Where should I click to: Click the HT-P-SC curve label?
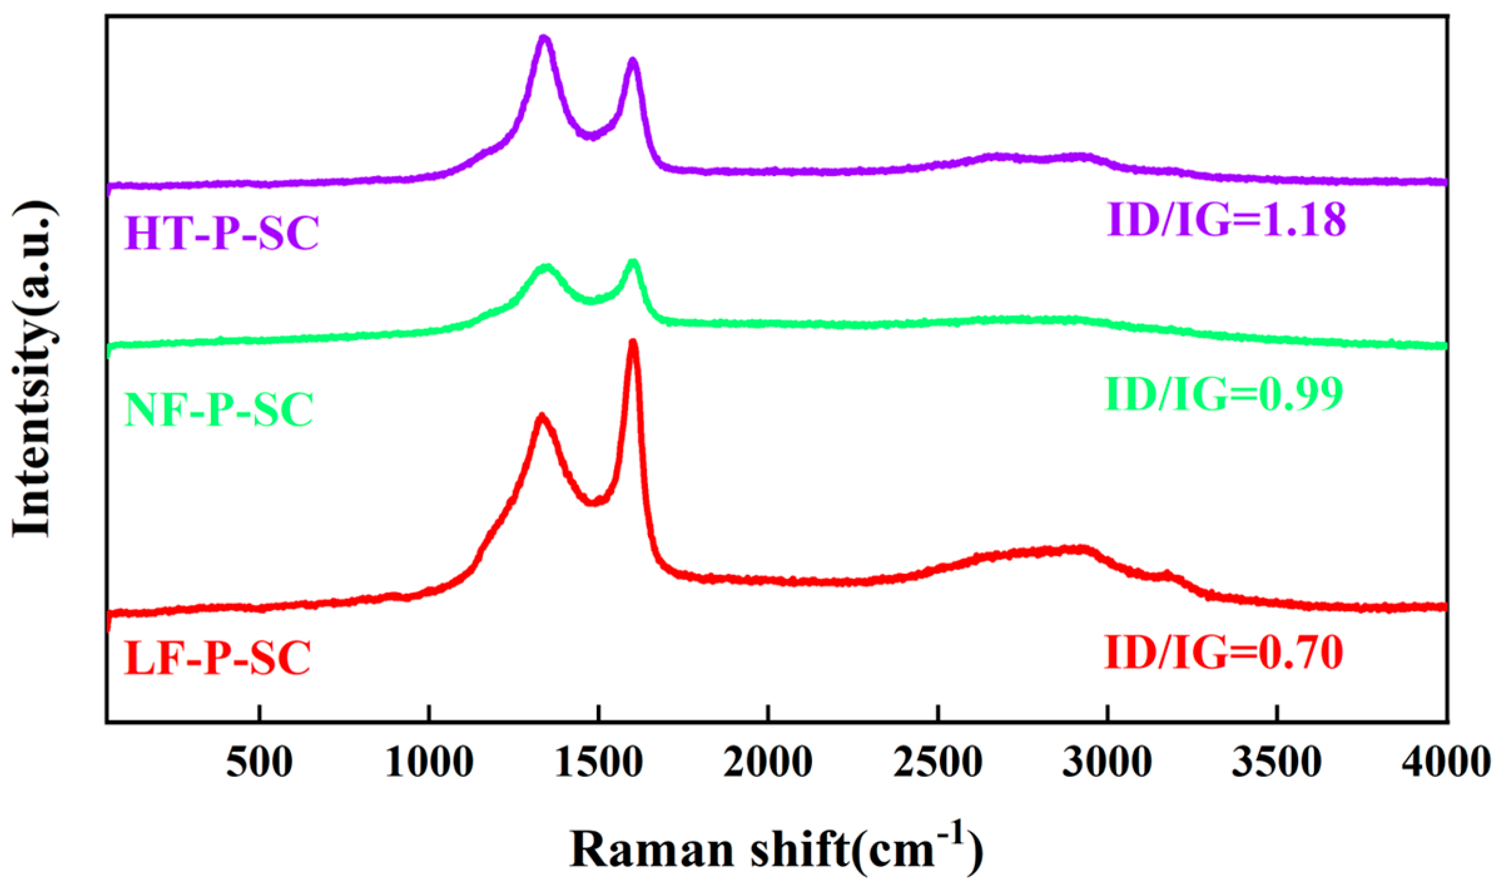click(222, 233)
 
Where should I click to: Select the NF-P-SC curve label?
click(219, 410)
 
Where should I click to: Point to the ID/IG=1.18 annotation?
click(1226, 220)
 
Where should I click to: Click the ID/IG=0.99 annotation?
click(1223, 394)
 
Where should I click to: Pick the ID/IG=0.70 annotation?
click(1223, 653)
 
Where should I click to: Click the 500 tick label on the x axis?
click(259, 763)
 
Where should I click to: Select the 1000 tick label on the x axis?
click(429, 763)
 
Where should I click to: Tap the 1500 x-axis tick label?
click(599, 763)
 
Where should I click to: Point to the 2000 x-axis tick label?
click(768, 763)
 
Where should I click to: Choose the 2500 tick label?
click(938, 763)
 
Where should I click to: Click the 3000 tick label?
click(1107, 763)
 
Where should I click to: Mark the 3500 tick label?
click(1277, 763)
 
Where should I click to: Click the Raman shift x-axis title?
click(776, 851)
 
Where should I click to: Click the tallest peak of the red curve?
click(632, 342)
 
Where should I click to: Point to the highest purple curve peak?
click(544, 38)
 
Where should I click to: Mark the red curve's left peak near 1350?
click(542, 416)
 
